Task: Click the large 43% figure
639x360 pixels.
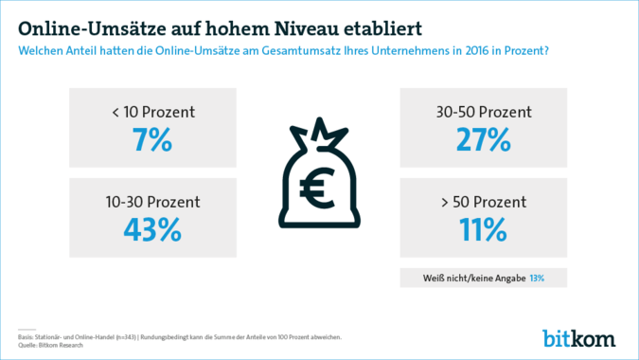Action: coord(152,230)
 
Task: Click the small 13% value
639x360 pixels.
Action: coord(537,279)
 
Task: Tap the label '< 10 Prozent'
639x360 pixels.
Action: coord(152,112)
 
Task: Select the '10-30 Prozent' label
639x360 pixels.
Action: coord(152,203)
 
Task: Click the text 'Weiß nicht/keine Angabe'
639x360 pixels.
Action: coord(474,279)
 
